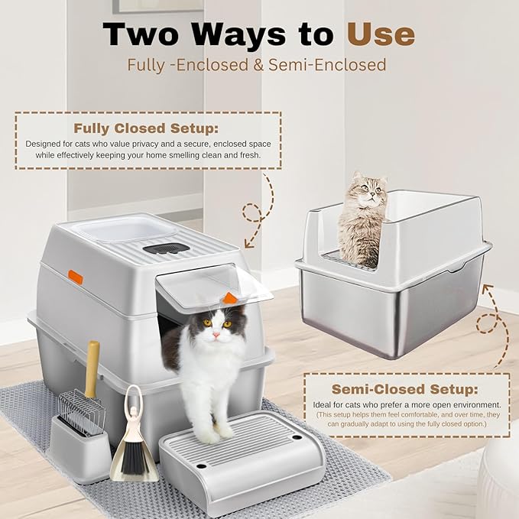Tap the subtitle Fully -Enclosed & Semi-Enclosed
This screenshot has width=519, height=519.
coord(256,65)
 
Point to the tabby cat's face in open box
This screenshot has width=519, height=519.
coord(365,191)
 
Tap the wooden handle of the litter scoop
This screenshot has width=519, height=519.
coord(92,364)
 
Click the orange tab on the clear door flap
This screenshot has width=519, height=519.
coord(230,297)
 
